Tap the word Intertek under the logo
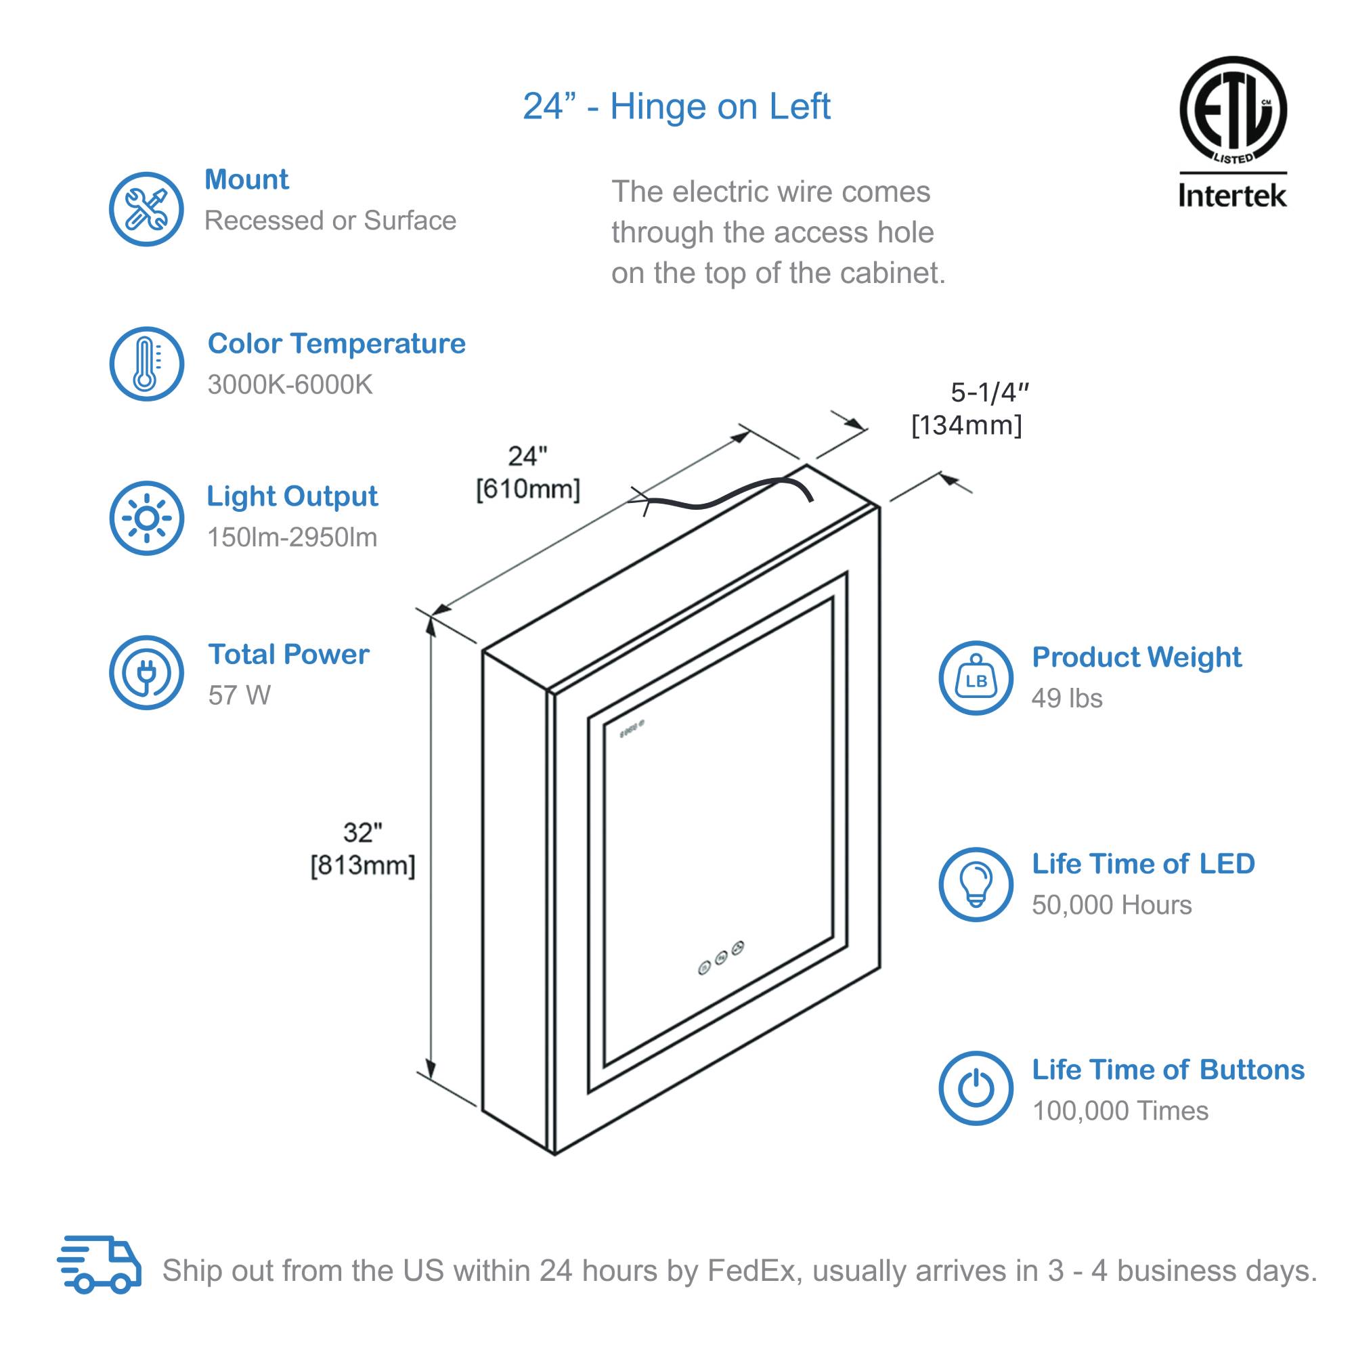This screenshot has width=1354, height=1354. coord(1232,196)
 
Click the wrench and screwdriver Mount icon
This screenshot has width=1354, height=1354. coord(146,209)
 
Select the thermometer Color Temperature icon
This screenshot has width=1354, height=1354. coord(146,364)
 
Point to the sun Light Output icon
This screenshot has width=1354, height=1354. coord(146,518)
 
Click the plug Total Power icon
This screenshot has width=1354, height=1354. coord(146,673)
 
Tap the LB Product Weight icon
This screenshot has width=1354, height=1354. coord(976,678)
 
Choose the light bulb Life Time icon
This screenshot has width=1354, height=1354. coord(976,884)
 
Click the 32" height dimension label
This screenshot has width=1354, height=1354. coord(362,833)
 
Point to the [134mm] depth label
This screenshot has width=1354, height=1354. coord(967,425)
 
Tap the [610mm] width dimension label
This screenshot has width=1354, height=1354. coord(528,489)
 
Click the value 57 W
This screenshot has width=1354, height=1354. coord(239,695)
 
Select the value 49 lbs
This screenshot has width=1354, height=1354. coord(1067,698)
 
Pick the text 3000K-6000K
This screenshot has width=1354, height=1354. coord(290,385)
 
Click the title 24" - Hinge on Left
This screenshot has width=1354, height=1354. coord(676,106)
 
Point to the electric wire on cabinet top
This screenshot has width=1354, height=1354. coord(729,495)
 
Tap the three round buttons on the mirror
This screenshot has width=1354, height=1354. coord(721,958)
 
